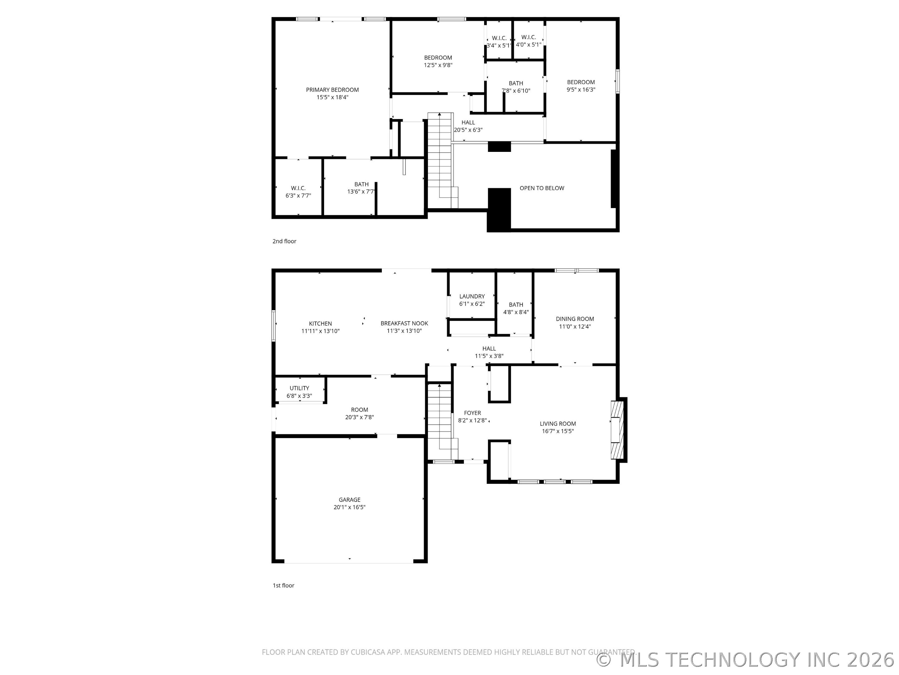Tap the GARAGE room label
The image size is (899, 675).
350,500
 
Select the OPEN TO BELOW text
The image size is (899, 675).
542,188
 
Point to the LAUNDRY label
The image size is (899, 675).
472,296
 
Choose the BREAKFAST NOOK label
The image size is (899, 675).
404,323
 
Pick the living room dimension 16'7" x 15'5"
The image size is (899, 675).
558,431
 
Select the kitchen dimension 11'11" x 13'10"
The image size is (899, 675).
320,331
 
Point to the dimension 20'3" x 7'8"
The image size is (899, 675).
359,417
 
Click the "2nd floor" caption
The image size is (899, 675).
284,241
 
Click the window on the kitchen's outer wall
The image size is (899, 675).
273,326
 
